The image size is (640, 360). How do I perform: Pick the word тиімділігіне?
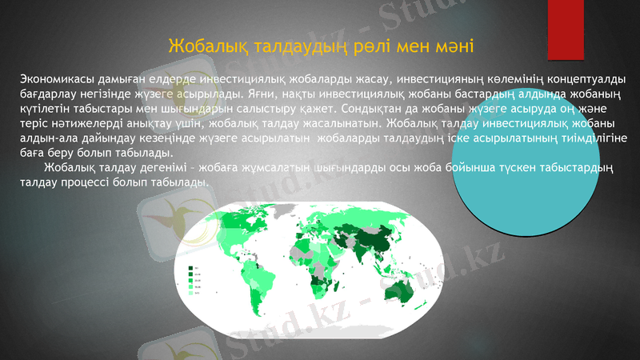(588, 138)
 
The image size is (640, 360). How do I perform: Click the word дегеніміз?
(154, 168)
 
